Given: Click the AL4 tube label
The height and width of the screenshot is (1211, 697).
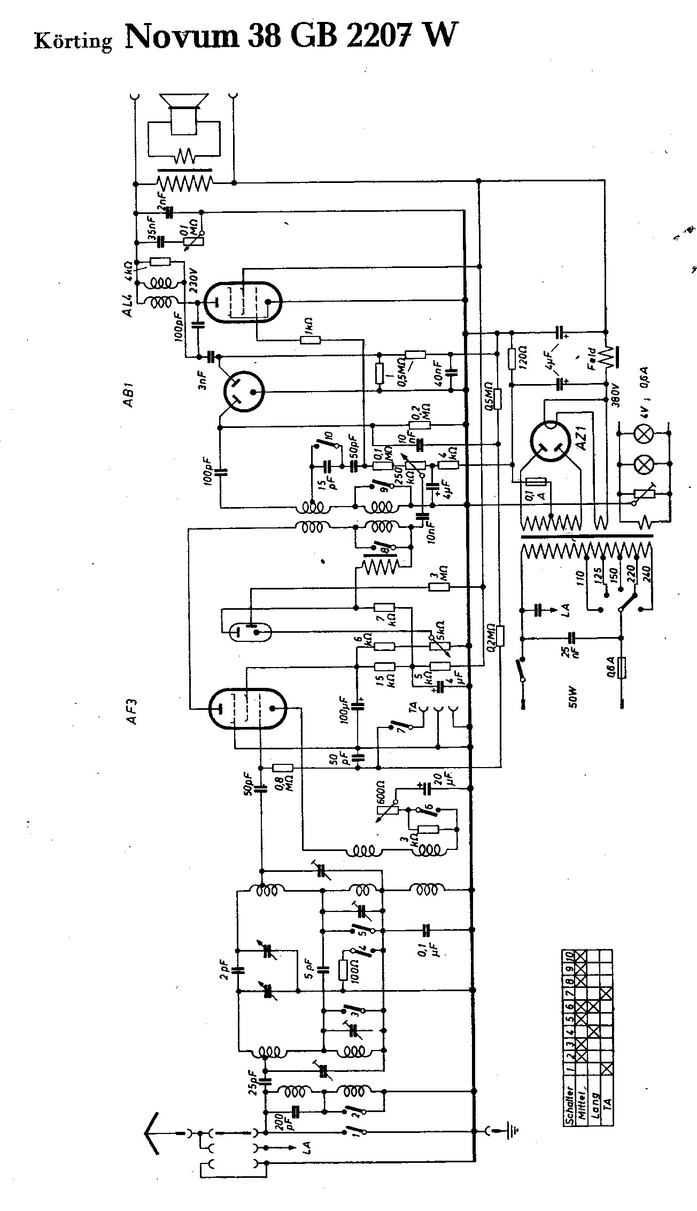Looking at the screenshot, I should point(129,301).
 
